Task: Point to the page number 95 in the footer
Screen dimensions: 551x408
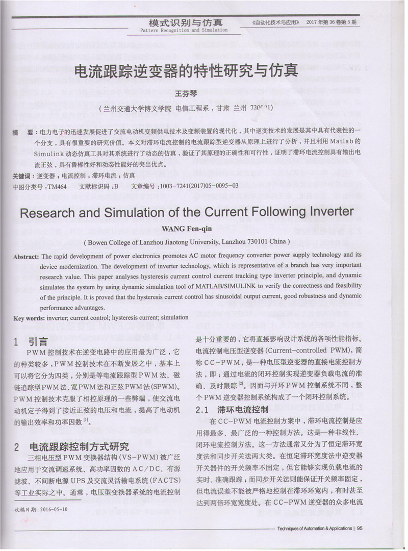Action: click(360, 529)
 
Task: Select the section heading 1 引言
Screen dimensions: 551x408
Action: click(31, 341)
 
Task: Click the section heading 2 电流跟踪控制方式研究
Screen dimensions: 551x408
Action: click(71, 447)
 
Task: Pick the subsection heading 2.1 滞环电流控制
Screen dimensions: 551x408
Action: click(232, 410)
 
